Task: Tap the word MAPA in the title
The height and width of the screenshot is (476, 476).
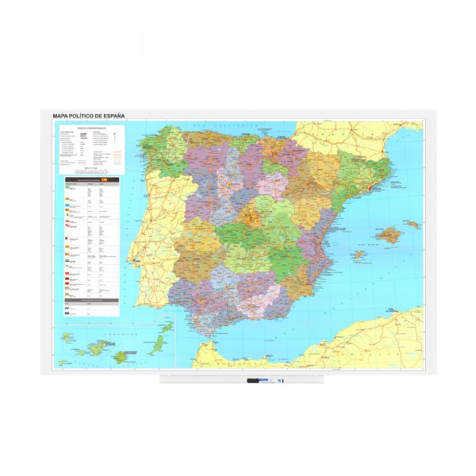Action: pyautogui.click(x=62, y=115)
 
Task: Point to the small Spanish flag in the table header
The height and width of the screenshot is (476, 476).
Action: pyautogui.click(x=104, y=182)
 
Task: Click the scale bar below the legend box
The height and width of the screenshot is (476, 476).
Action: pyautogui.click(x=89, y=171)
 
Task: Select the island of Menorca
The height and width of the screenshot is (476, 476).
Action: pyautogui.click(x=412, y=225)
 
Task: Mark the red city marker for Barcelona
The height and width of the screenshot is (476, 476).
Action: pyautogui.click(x=373, y=179)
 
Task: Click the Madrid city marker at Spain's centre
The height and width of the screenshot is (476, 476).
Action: pyautogui.click(x=253, y=215)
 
